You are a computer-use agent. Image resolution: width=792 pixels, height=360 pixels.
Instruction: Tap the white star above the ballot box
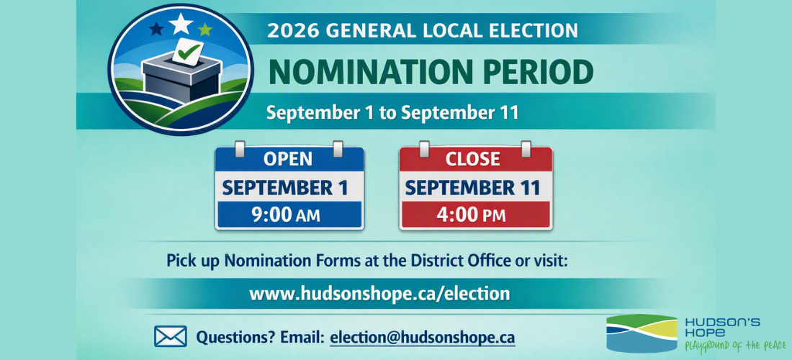[x=180, y=23]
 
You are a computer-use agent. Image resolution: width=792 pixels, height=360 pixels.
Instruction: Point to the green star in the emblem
[x=205, y=30]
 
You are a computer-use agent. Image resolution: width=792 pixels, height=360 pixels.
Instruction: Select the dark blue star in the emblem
[x=157, y=28]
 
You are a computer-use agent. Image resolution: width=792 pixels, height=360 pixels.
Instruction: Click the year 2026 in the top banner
[x=294, y=30]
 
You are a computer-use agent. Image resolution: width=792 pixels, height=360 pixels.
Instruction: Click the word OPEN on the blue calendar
[x=288, y=158]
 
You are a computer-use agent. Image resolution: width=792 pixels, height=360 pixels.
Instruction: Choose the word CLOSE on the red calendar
[x=473, y=158]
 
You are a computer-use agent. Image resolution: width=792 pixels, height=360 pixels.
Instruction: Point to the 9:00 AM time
[x=286, y=215]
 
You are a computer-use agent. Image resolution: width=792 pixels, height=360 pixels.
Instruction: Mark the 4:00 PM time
[x=472, y=215]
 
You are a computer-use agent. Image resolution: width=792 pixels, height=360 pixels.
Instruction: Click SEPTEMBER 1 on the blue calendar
[x=285, y=188]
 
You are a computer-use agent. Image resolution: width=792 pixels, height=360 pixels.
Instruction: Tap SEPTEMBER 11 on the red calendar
[x=473, y=188]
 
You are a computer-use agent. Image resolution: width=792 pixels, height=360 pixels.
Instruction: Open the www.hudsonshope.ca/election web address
[x=379, y=293]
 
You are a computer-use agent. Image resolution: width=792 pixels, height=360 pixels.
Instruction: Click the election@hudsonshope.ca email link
[x=423, y=337]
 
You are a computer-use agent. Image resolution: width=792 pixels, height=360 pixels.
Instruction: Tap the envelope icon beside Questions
[x=170, y=336]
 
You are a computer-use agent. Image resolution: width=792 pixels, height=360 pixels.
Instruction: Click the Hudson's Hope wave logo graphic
[x=642, y=333]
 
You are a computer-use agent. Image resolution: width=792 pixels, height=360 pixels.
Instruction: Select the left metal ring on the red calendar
[x=424, y=149]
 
